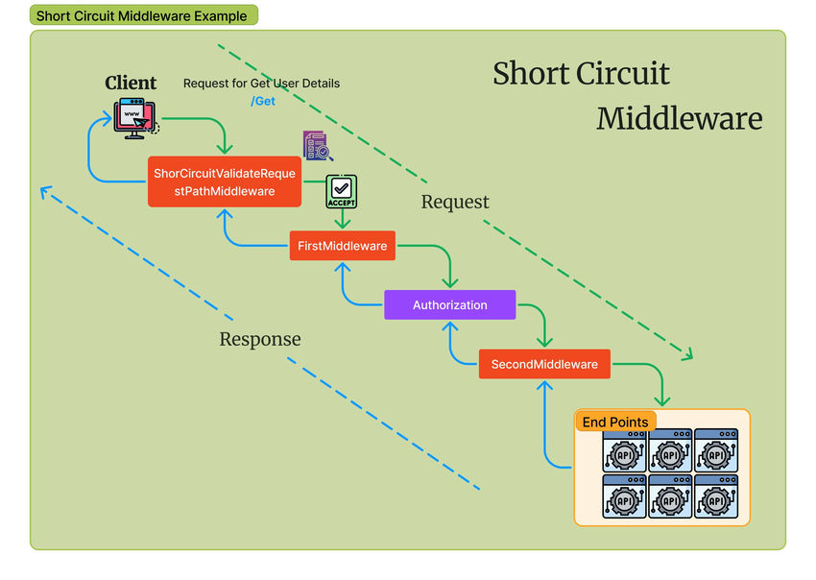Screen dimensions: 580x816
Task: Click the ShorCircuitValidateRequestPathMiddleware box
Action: tap(224, 181)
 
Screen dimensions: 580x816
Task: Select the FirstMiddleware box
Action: tap(343, 246)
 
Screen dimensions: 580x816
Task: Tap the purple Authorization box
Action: tap(449, 304)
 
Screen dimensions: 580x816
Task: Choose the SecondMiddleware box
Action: tap(543, 364)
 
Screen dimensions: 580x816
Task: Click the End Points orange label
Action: tap(615, 422)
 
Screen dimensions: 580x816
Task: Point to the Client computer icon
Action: tap(135, 117)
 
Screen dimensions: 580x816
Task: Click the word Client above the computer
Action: tap(131, 83)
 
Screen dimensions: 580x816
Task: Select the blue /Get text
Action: tap(263, 101)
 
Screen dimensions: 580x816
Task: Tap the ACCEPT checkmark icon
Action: tap(342, 191)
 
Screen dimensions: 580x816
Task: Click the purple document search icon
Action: tap(317, 146)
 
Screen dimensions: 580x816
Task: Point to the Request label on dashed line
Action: tap(455, 202)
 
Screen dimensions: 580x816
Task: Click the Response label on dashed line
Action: tap(259, 339)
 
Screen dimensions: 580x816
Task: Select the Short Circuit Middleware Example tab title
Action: tap(141, 15)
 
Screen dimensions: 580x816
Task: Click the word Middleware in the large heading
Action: tap(679, 118)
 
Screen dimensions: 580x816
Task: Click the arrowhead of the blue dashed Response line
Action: tap(44, 190)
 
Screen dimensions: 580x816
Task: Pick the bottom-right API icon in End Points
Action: tap(716, 497)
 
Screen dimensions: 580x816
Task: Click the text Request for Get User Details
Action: tap(261, 84)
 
